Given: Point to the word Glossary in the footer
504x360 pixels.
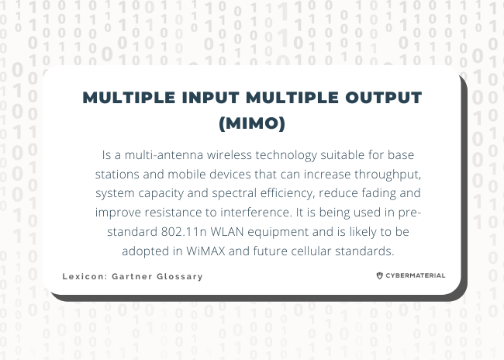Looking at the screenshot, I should click(x=181, y=277).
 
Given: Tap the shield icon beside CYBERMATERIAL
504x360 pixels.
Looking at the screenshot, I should click(x=379, y=275).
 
